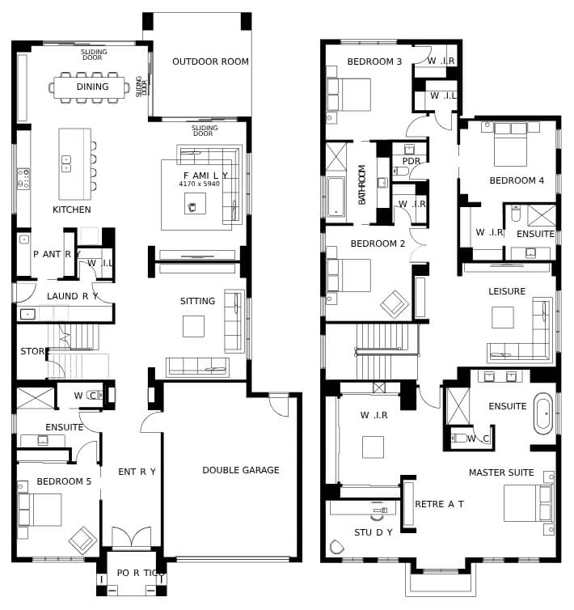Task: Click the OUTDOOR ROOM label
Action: [210, 61]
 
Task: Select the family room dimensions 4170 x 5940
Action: [199, 184]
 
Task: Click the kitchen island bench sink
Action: [66, 163]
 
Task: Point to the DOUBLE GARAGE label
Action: [241, 470]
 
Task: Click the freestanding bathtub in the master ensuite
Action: [543, 413]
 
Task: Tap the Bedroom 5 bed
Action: [40, 510]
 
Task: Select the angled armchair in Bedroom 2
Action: [395, 305]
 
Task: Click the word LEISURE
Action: [507, 291]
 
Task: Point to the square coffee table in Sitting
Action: [194, 326]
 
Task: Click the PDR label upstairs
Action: [411, 161]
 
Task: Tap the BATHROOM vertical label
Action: [361, 184]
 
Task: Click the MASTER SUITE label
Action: [501, 472]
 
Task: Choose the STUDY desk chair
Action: [377, 515]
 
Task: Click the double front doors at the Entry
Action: [132, 538]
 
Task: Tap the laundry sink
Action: [27, 314]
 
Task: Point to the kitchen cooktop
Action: [23, 179]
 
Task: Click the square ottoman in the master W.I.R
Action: [373, 447]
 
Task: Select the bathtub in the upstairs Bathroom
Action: [336, 197]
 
